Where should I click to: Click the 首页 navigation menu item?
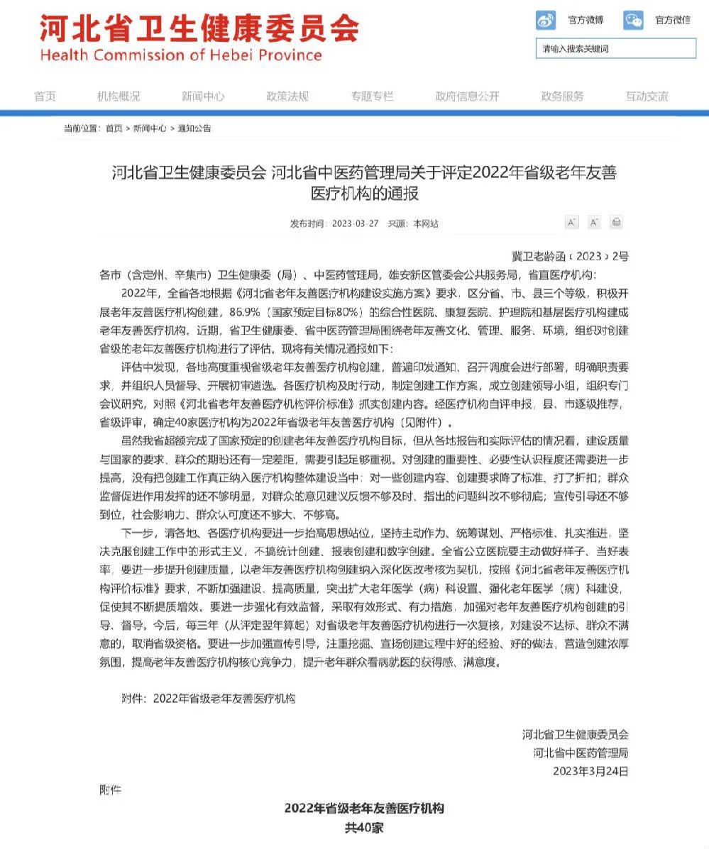45,96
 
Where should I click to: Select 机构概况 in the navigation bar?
119,96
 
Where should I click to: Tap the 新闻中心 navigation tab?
203,96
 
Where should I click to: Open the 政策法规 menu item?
287,96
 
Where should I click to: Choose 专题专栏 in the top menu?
372,96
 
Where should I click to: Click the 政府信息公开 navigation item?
467,96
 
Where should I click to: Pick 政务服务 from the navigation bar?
562,96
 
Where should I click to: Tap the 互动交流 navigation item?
647,96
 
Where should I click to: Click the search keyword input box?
615,48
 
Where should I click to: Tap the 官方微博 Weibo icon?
546,20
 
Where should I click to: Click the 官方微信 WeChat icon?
633,20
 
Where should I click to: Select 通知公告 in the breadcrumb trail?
194,128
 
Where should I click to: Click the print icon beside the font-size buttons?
616,223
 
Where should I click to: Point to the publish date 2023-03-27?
355,223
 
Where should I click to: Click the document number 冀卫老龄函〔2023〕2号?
570,256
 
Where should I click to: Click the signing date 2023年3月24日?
590,771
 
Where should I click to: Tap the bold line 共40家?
364,828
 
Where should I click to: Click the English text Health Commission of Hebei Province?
181,55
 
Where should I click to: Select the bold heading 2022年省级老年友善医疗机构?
364,809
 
